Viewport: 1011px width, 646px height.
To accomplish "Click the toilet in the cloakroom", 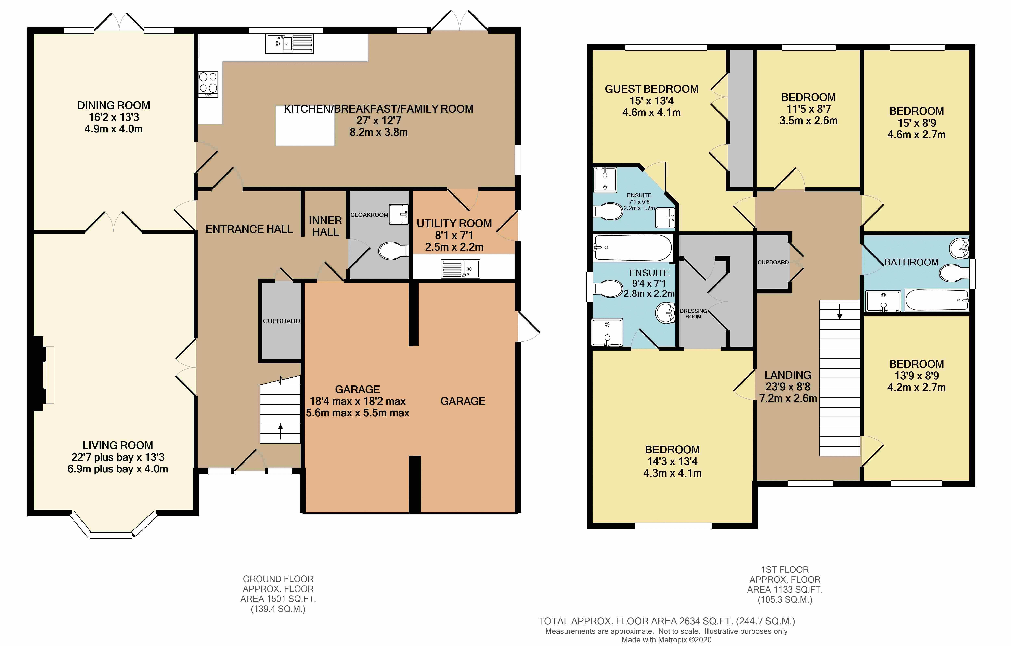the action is coord(393,251).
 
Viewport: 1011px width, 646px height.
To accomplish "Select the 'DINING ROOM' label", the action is coord(113,105).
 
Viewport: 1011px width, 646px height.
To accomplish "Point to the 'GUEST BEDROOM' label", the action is coord(652,89).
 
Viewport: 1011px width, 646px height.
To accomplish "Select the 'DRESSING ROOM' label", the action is coord(693,314).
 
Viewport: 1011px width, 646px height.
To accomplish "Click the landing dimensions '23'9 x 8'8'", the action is coord(788,387).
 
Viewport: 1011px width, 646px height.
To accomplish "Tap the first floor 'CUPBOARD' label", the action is coord(773,262).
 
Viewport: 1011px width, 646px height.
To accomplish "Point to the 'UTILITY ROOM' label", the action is coord(454,224).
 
